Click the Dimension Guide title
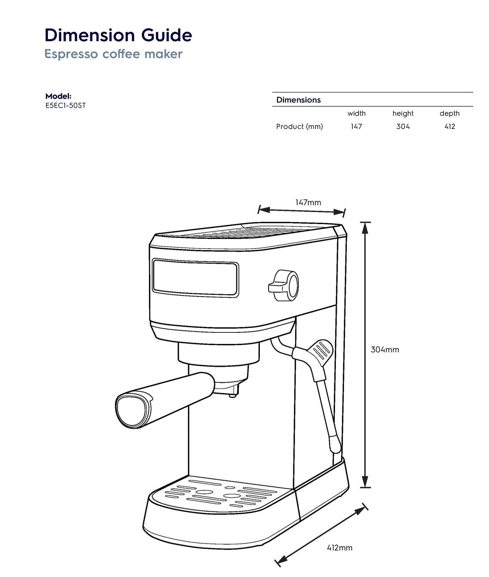[x=118, y=35]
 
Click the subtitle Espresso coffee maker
[x=113, y=54]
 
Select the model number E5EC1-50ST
[x=65, y=106]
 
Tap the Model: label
[x=58, y=96]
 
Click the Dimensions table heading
[x=298, y=100]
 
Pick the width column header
[x=356, y=114]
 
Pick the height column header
[x=403, y=114]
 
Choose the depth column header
[x=450, y=114]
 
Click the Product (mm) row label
[x=299, y=127]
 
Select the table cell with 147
[x=356, y=127]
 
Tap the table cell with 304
[x=403, y=127]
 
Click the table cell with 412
[x=450, y=127]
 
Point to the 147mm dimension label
[x=308, y=203]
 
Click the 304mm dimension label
[x=385, y=350]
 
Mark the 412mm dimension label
[x=339, y=548]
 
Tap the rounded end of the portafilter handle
[x=131, y=412]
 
